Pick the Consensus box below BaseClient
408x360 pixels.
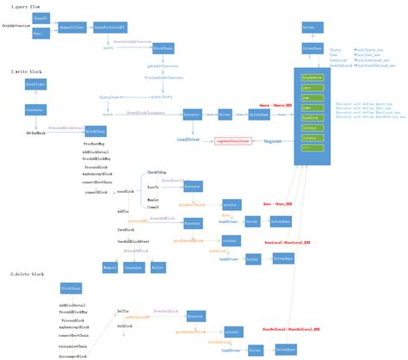click(x=35, y=110)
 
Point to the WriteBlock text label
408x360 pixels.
click(x=35, y=133)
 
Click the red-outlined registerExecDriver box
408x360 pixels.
click(x=232, y=140)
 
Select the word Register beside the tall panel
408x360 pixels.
click(x=273, y=140)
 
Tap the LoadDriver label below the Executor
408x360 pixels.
click(x=189, y=140)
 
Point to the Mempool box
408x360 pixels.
click(x=108, y=269)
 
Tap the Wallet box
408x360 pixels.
click(x=158, y=269)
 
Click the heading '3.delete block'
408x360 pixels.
click(x=27, y=273)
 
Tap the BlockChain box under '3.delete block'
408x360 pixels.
click(x=71, y=289)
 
